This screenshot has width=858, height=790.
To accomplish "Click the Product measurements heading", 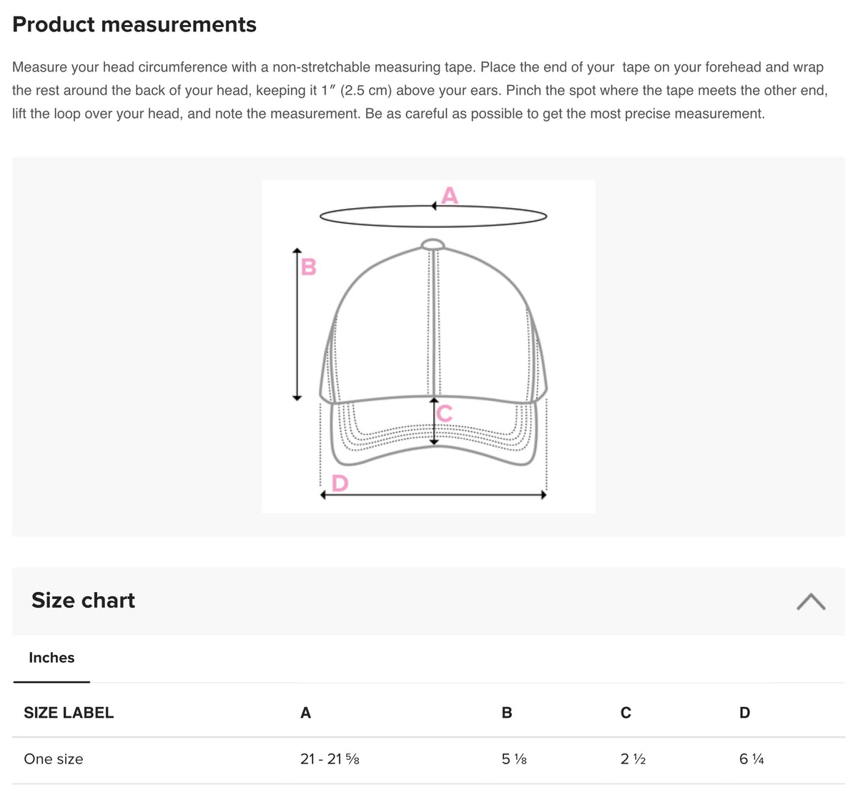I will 134,24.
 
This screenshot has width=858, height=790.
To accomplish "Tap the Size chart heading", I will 83,600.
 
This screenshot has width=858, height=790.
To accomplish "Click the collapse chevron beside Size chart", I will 811,602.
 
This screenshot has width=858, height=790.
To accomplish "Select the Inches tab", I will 51,658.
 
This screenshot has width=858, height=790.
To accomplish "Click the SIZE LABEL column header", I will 69,713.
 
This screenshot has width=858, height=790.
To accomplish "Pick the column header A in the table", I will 305,713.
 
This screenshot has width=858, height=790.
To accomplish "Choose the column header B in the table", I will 507,713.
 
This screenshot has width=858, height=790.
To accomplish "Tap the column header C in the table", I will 626,713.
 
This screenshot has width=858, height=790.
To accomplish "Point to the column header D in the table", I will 744,713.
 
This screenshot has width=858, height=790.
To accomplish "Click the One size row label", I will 54,759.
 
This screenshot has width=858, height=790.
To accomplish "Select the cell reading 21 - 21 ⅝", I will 330,759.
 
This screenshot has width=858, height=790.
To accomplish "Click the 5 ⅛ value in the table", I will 514,759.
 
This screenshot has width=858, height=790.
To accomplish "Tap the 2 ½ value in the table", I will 633,759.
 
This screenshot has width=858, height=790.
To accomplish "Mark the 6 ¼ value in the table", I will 751,759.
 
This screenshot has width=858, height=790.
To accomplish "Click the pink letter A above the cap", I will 450,195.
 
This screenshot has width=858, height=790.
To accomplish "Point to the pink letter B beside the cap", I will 309,267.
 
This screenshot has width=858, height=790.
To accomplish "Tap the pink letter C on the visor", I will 444,413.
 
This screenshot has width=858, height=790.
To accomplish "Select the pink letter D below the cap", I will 340,483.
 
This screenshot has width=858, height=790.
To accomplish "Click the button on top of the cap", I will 433,245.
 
